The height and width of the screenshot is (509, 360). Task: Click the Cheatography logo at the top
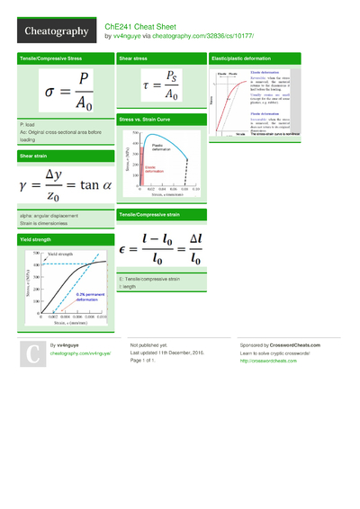pyautogui.click(x=54, y=31)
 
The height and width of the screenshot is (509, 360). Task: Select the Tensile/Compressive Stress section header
pyautogui.click(x=49, y=58)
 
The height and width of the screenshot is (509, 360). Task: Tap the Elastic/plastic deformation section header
pyautogui.click(x=239, y=58)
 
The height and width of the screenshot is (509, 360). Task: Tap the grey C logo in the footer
pyautogui.click(x=32, y=353)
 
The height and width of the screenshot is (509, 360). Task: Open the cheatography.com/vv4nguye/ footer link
pyautogui.click(x=80, y=354)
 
